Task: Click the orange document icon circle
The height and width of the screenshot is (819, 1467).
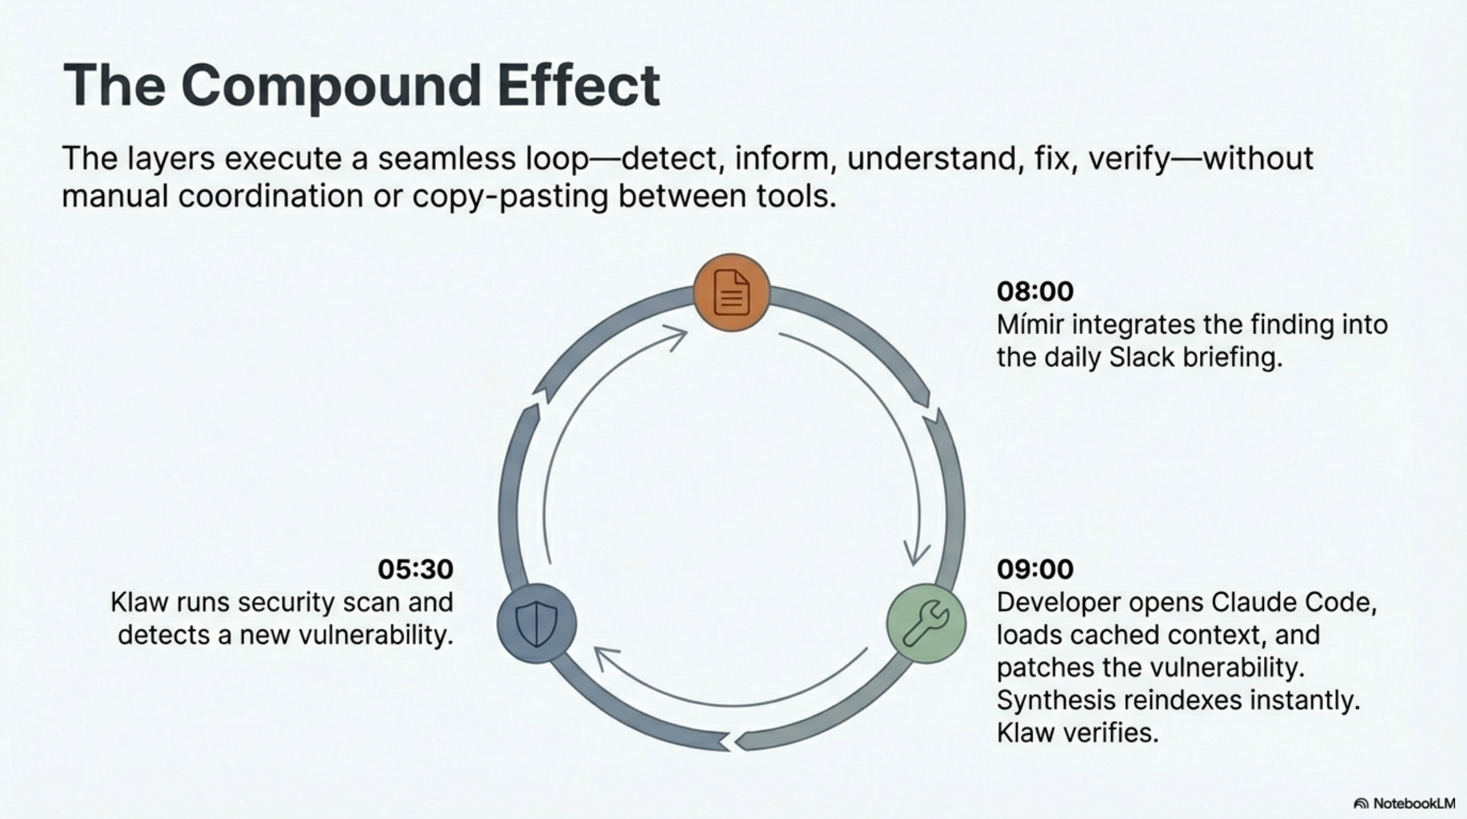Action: click(732, 293)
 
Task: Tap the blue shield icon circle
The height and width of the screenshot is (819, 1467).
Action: click(536, 623)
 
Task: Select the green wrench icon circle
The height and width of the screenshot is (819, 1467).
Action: click(927, 623)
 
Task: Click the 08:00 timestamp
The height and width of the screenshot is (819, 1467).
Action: click(1035, 291)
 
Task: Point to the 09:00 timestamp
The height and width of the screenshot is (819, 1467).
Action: click(1035, 569)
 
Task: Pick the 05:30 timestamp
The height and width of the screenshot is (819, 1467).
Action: click(415, 569)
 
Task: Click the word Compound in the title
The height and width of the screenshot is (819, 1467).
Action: click(331, 86)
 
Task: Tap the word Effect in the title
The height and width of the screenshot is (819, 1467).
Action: click(579, 86)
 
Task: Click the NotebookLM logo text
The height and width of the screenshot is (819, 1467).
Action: click(1414, 803)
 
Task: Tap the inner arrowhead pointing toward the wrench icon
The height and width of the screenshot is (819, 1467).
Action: click(915, 555)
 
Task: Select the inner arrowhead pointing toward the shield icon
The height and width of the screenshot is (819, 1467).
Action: click(604, 656)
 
